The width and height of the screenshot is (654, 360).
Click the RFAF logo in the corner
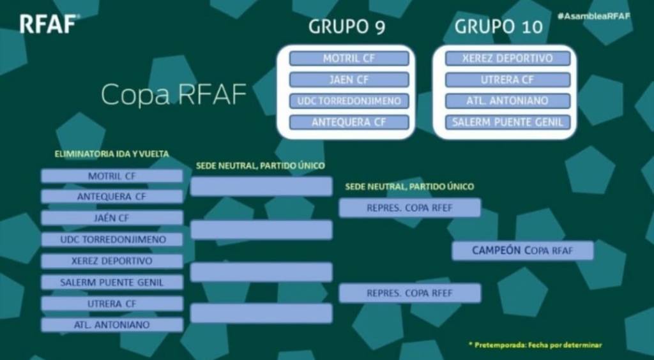50,24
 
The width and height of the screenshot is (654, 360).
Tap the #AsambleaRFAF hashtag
593,16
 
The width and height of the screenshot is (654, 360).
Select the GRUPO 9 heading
347,27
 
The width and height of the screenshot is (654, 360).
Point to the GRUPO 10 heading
498,27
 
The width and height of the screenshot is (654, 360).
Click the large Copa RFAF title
174,95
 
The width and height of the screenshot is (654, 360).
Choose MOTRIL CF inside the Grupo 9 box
349,58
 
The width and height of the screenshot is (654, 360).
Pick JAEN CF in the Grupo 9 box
349,80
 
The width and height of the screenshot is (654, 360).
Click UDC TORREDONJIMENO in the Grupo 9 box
349,101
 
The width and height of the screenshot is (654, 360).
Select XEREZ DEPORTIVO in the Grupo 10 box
508,58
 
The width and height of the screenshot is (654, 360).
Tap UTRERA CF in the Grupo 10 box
508,80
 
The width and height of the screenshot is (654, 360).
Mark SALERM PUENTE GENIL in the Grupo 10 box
508,122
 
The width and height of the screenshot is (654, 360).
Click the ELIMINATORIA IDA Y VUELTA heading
112,154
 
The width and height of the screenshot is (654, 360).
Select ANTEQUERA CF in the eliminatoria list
112,197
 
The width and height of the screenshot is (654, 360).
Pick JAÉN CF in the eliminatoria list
112,218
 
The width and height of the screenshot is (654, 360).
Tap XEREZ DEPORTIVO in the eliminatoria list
112,261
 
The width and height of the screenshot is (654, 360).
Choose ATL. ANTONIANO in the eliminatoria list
112,325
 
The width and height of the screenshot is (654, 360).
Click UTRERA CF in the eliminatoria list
112,304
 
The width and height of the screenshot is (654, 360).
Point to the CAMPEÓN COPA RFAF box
522,251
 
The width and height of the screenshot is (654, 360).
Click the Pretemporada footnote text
535,345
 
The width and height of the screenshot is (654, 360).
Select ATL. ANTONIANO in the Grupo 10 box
508,101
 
